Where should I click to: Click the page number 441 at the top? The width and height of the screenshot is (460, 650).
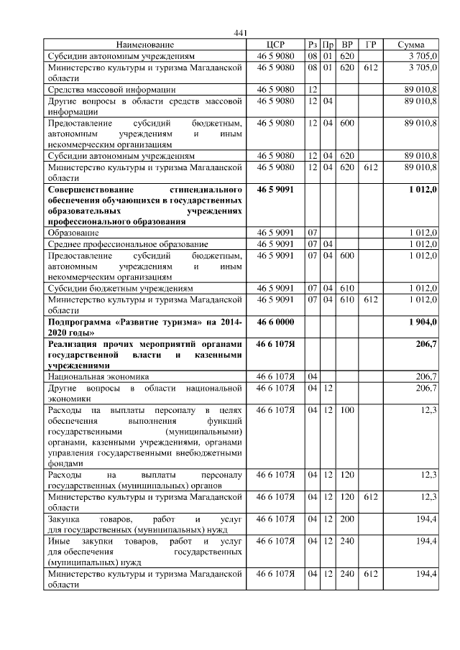[x=241, y=33]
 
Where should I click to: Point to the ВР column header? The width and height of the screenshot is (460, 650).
[x=347, y=45]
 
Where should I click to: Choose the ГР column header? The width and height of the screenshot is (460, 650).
[x=370, y=45]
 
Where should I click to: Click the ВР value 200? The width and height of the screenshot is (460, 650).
[x=347, y=519]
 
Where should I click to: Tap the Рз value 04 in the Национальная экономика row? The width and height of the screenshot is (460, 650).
[x=313, y=376]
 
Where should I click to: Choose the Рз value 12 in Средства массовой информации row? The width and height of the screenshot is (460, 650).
[x=313, y=89]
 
